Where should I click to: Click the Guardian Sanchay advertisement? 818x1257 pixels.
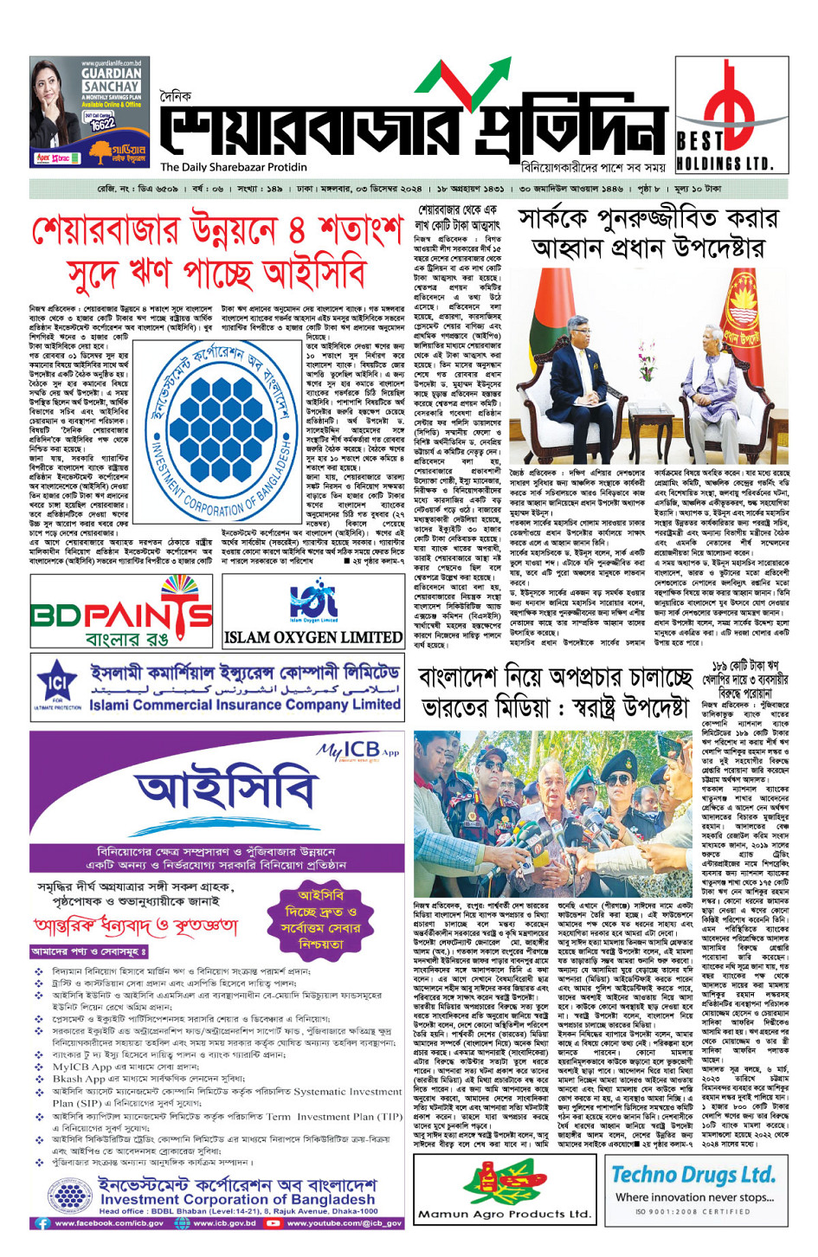[87, 113]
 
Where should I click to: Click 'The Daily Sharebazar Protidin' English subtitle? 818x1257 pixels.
[234, 167]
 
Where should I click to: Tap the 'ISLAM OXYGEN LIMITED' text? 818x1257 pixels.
[312, 637]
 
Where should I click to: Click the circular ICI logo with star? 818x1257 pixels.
[58, 686]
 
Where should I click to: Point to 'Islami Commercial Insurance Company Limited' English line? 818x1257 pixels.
[245, 705]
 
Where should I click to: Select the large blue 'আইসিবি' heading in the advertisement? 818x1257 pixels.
[226, 790]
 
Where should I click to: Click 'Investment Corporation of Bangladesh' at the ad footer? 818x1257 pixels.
[237, 1199]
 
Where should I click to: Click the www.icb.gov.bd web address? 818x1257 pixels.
[224, 1223]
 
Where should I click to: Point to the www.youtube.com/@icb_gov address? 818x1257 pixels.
[345, 1223]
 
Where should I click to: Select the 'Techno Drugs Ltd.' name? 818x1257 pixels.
[692, 1175]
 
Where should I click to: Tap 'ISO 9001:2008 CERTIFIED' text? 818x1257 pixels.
[692, 1211]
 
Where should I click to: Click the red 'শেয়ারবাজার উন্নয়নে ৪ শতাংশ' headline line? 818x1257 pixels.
[216, 231]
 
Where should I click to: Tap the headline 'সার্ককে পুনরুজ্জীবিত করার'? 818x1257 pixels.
[647, 219]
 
